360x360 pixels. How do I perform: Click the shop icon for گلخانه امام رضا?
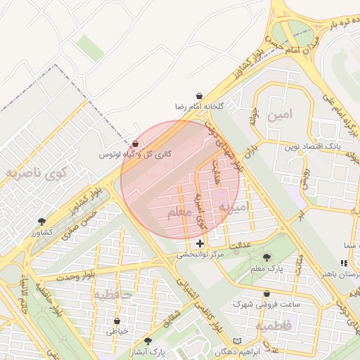pos(200,95)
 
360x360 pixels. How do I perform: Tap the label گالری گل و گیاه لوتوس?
pos(134,154)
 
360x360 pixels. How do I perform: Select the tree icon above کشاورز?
pos(41,221)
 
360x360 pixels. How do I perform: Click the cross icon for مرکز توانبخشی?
pos(200,243)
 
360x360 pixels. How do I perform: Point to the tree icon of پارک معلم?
pos(266,257)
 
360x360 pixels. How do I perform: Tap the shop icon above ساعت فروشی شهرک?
pos(266,294)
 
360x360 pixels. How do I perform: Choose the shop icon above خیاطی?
pos(117,321)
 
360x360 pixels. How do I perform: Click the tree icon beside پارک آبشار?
pos(147,340)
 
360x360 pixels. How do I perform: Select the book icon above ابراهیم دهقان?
pos(238,341)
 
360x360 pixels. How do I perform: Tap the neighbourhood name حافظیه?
pos(112,295)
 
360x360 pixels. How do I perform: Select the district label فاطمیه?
pos(278,326)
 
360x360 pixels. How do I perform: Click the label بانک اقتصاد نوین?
pos(312,148)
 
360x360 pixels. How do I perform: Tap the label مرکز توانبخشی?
pos(200,255)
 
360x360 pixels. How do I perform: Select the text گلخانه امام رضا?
pos(200,106)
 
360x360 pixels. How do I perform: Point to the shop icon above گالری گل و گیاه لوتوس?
pos(135,143)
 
